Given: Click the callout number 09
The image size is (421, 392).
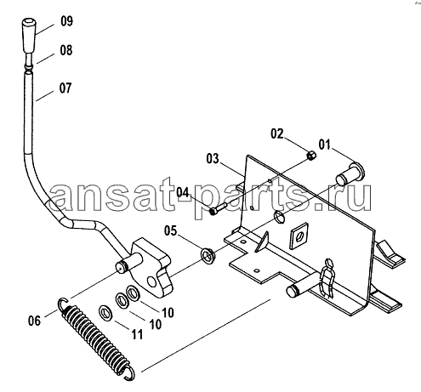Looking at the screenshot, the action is tap(66, 21).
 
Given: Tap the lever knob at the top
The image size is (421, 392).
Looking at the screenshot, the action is tap(29, 36).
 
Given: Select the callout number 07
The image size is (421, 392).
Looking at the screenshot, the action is tap(65, 88).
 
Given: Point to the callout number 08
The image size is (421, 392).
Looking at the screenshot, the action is tap(66, 50).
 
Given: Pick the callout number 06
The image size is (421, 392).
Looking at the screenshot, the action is tap(34, 321).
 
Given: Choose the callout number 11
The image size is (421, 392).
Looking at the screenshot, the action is tap(137, 335).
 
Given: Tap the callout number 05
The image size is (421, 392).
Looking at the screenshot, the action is tap(170, 230).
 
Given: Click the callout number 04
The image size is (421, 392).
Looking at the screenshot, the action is tap(182, 192).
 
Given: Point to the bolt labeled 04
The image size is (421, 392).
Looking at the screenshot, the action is tap(219, 208).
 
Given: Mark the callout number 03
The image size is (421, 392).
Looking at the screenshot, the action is tap(213, 159).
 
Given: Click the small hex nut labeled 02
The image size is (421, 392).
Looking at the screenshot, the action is tap(312, 156).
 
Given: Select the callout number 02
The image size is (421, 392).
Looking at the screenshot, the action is tap(276, 134).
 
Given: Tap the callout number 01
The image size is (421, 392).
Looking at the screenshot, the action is tap(325, 145).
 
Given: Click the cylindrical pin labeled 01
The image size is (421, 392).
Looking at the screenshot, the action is tap(350, 173).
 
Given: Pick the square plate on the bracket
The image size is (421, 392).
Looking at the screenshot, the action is tap(299, 236).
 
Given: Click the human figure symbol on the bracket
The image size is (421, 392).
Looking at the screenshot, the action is tap(327, 278).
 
